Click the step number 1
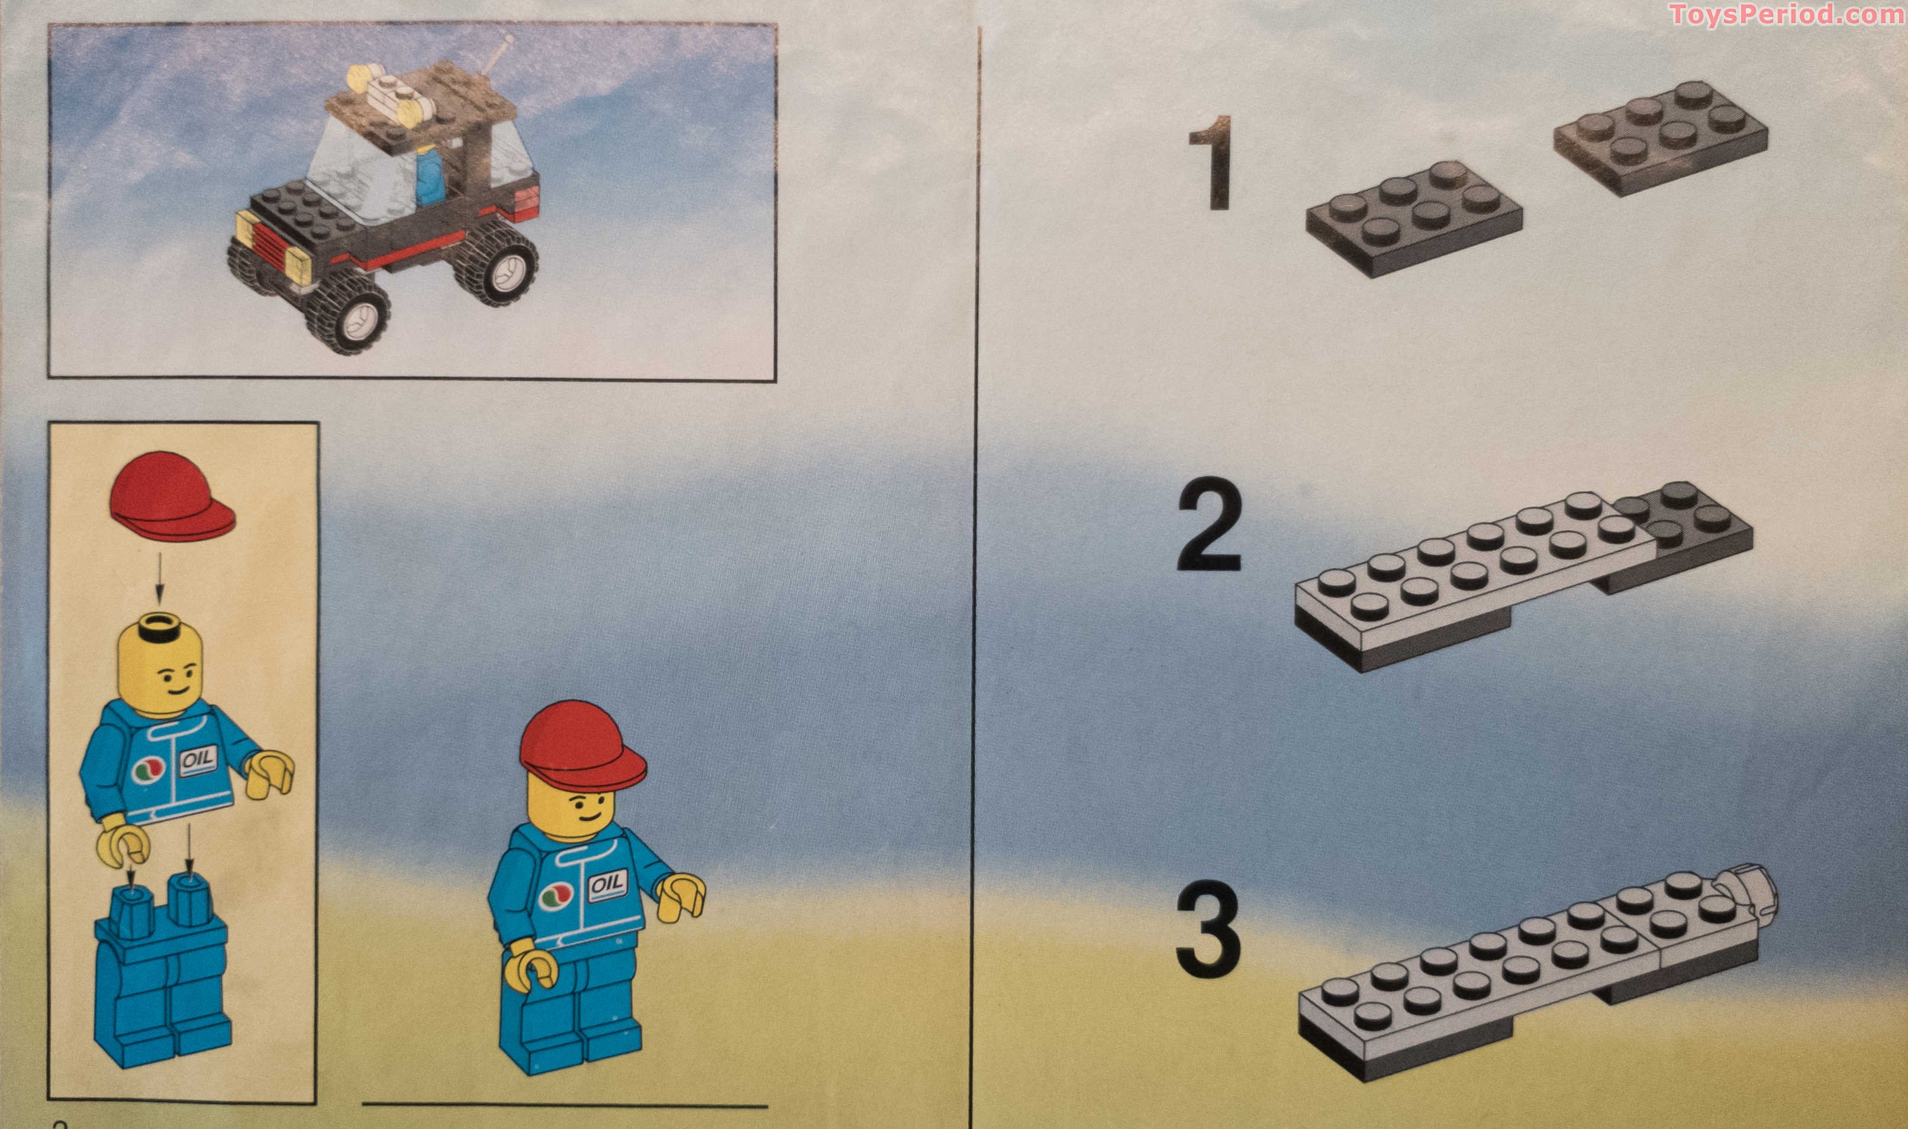tap(1210, 162)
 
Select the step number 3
tap(1209, 930)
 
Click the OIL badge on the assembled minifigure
tap(608, 884)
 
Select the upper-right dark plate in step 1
tap(1660, 138)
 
